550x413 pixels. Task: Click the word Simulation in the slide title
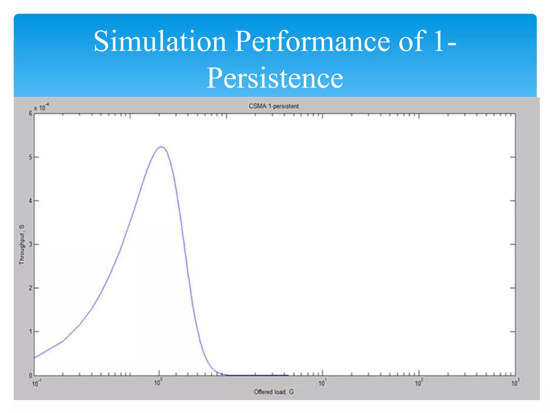pos(160,42)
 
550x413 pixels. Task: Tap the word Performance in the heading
pos(312,42)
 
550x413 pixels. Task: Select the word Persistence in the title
pos(274,78)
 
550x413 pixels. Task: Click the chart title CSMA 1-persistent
pos(274,106)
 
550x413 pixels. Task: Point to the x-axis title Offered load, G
pos(274,392)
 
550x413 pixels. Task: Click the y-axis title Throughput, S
pos(22,244)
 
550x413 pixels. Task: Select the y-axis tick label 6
pos(30,114)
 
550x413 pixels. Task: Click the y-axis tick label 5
pos(30,157)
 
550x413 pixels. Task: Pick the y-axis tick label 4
pos(30,201)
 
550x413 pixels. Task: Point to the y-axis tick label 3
pos(30,244)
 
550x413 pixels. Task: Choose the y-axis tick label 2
pos(30,288)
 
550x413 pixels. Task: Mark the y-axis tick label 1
pos(30,332)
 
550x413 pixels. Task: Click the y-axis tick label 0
pos(30,375)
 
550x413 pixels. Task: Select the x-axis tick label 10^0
pos(158,382)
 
